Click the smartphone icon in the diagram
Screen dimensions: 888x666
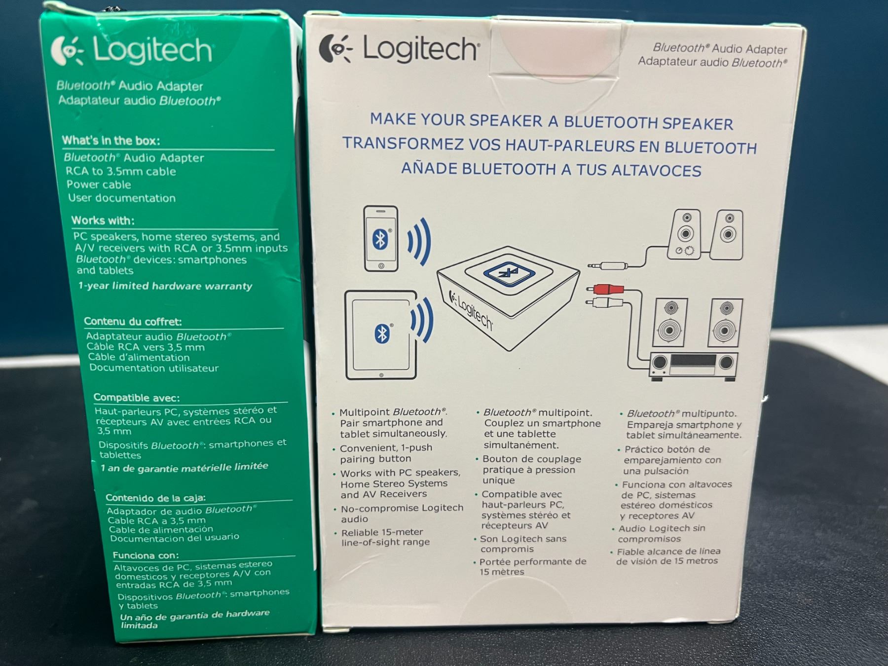coord(381,239)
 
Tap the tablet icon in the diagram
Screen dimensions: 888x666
coord(381,335)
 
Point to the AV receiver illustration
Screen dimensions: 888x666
coord(693,366)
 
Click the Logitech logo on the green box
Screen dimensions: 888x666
coord(132,51)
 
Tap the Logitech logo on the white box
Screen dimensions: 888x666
coord(399,49)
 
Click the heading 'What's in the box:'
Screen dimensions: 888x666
coord(111,141)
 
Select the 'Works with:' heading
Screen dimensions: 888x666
coord(103,220)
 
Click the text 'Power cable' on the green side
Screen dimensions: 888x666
coord(99,185)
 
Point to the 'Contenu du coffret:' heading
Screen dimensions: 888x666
coord(133,322)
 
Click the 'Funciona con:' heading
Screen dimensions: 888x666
coord(146,555)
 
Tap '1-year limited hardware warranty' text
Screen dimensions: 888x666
coord(165,286)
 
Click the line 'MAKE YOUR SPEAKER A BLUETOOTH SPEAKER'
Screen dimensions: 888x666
coord(552,121)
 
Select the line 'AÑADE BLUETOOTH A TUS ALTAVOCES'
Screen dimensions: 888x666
coord(551,169)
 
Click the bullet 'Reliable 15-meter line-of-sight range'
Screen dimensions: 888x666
coord(382,537)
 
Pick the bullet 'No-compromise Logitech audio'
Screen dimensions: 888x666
coord(399,513)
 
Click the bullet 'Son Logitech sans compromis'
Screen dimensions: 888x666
coord(520,544)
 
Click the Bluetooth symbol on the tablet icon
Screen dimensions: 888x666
coord(382,334)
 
